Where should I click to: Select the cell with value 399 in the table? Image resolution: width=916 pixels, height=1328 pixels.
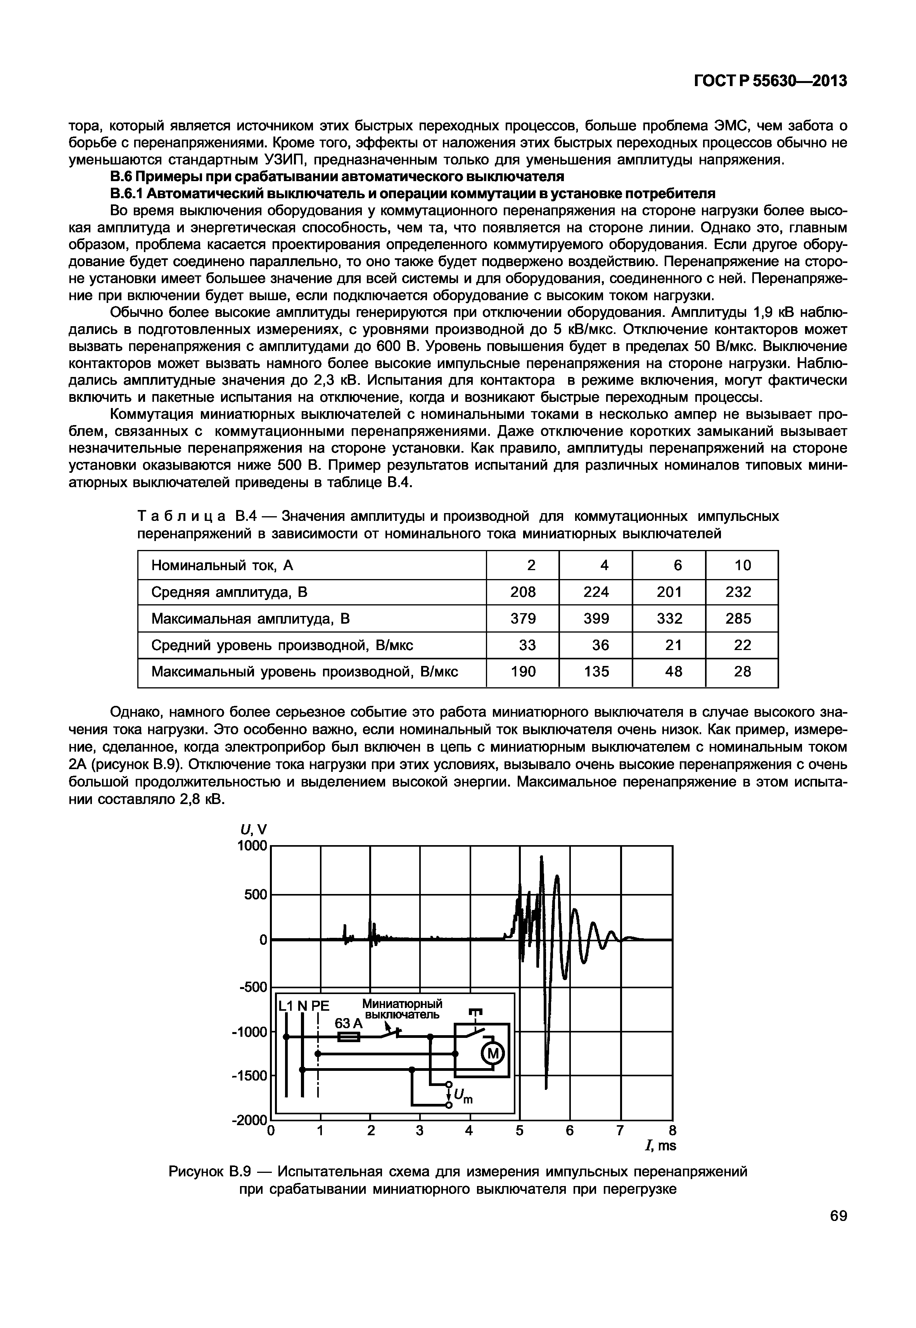596,619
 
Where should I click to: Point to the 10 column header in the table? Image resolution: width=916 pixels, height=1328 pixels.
742,565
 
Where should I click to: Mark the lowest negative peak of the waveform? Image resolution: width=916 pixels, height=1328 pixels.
546,1086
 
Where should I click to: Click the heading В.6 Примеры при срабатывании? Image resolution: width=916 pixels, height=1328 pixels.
337,176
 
